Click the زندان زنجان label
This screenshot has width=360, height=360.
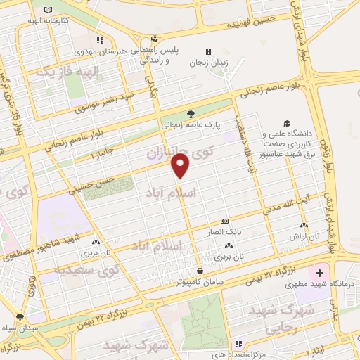pos(209,62)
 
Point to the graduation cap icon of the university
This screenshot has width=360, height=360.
pos(286,122)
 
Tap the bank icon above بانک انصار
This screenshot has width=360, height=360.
pos(224,220)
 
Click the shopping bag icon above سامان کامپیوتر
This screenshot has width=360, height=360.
pos(201,271)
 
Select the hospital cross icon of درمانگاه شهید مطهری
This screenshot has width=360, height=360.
pos(319,271)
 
